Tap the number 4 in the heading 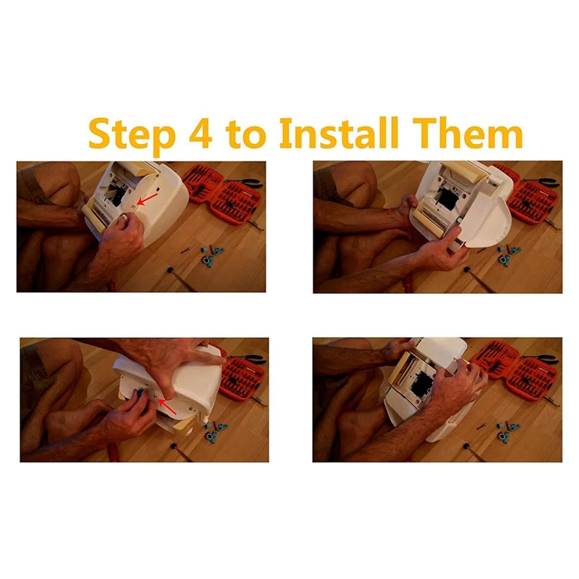(x=200, y=132)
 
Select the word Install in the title (x=339, y=132)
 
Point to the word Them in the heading (x=467, y=132)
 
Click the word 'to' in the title (x=246, y=135)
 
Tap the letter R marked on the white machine (x=133, y=207)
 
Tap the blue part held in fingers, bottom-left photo (x=140, y=392)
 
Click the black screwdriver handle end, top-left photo (x=170, y=269)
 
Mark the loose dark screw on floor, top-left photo (x=185, y=250)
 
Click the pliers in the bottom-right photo (x=540, y=357)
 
